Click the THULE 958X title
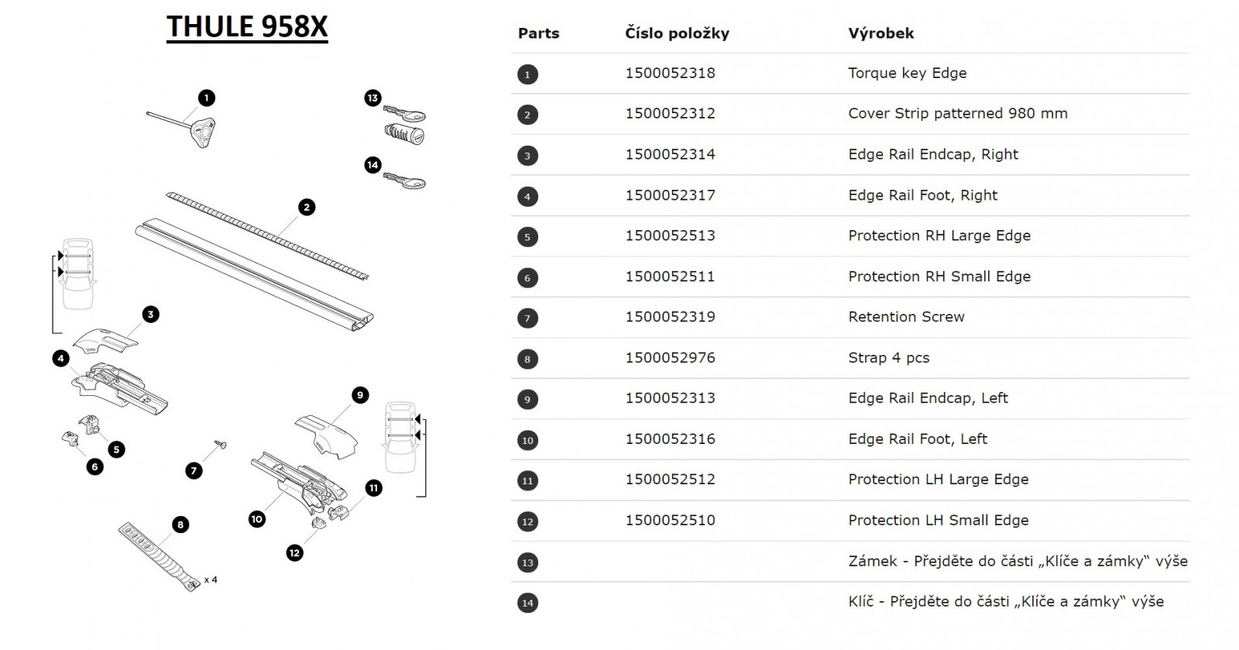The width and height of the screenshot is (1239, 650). point(247,26)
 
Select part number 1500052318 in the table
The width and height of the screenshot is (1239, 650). point(670,73)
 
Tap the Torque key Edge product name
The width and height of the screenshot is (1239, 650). point(907,73)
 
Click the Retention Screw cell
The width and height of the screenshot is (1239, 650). point(906,317)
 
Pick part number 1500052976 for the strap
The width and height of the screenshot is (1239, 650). point(670,358)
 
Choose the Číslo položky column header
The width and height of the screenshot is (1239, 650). point(677,33)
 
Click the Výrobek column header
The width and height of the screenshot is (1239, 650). point(880,33)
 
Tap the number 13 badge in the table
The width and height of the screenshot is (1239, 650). point(527,562)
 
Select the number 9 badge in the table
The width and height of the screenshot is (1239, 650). point(527,400)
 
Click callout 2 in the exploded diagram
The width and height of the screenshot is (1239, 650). point(307,208)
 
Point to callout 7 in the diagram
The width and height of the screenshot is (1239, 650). point(194,471)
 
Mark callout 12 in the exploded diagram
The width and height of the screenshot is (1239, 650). point(294,552)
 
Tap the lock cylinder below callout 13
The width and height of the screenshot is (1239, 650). point(404,134)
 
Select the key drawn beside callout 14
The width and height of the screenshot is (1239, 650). point(404,181)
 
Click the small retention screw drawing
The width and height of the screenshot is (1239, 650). point(221,444)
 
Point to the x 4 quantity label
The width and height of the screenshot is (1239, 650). point(211,579)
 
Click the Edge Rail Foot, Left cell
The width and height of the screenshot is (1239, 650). point(917,439)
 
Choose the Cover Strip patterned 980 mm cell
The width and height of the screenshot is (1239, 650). point(957,113)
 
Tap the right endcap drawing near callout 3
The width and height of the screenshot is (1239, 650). point(105,340)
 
